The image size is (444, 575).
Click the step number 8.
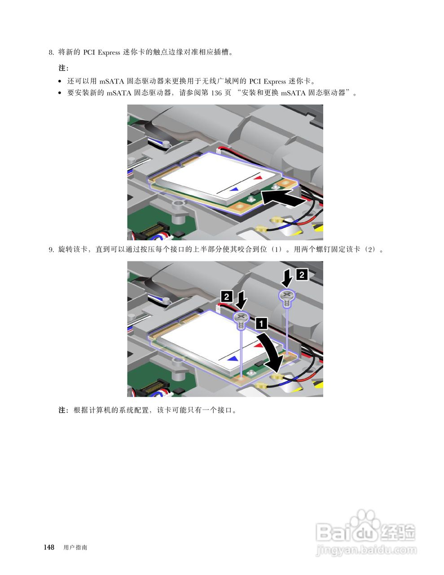click(x=51, y=53)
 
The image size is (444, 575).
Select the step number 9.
click(x=51, y=249)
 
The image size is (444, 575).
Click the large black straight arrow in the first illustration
click(x=283, y=199)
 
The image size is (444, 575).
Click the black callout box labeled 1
click(x=261, y=323)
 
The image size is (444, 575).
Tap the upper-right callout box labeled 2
click(x=302, y=275)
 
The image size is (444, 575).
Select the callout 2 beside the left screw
click(x=227, y=296)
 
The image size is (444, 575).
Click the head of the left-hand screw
click(x=241, y=317)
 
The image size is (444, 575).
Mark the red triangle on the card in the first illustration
click(x=258, y=178)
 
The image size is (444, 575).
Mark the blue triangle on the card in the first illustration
click(x=234, y=189)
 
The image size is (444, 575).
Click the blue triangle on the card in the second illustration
click(x=233, y=359)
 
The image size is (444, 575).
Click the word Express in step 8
click(x=109, y=53)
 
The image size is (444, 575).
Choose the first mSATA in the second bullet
click(x=115, y=93)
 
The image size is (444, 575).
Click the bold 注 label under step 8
click(x=62, y=68)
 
